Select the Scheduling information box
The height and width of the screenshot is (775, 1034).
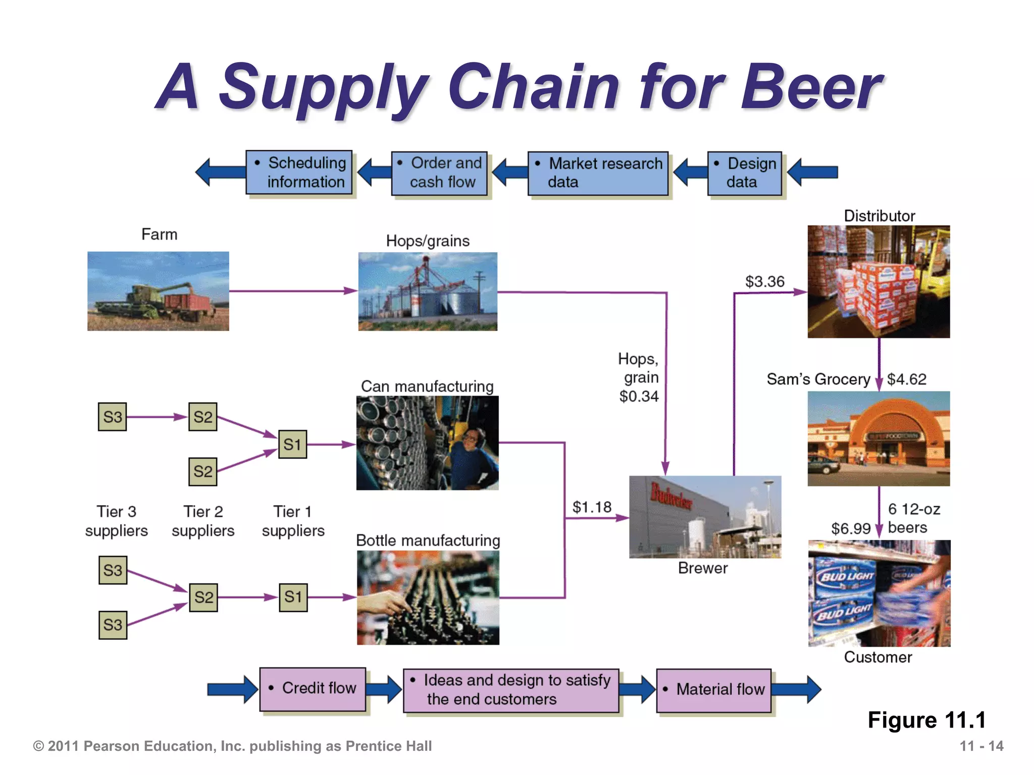pos(299,173)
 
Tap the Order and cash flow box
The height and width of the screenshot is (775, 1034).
pos(439,173)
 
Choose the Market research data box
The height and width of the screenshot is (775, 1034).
pos(598,173)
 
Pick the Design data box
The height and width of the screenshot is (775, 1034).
pos(745,173)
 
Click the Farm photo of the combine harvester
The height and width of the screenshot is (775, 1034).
pos(158,291)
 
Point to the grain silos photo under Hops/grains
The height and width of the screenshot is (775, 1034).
pos(428,292)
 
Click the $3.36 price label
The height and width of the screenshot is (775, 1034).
pos(765,282)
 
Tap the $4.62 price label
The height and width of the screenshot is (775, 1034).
pos(907,379)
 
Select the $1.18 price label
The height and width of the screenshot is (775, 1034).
pos(592,507)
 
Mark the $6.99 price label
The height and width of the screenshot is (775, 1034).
pos(851,528)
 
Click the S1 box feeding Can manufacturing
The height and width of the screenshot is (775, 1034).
pos(292,445)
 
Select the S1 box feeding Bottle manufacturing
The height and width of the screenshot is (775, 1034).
pos(293,597)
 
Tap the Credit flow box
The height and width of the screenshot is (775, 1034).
pos(313,689)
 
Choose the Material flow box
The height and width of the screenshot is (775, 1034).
pos(714,690)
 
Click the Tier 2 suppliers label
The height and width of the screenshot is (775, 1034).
pos(203,521)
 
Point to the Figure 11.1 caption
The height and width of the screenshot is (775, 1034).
pos(926,720)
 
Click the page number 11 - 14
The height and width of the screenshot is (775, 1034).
pos(981,746)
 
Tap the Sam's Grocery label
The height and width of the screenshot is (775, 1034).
pos(818,379)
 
